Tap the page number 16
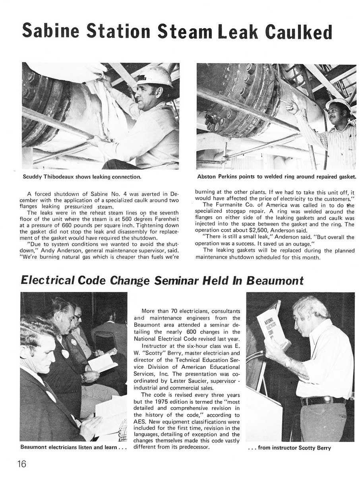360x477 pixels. [x=22, y=463]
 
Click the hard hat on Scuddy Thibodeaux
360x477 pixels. [x=155, y=76]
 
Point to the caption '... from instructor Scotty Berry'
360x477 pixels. [x=289, y=448]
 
